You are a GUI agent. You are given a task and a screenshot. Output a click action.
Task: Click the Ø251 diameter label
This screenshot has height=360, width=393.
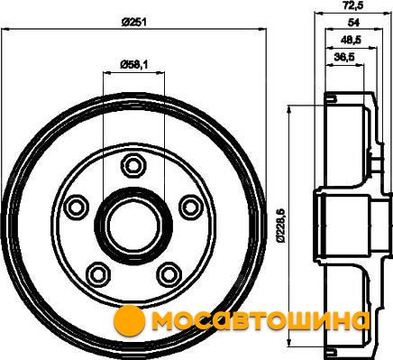[x=134, y=23]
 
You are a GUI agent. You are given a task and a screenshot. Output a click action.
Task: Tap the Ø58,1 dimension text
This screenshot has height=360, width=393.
[x=133, y=65]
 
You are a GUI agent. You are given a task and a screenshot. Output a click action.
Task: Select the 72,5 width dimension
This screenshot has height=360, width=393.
[x=353, y=6]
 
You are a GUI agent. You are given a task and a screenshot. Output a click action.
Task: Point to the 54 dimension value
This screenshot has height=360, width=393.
[x=353, y=23]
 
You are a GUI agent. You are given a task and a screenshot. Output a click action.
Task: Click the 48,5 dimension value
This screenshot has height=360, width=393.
[x=351, y=40]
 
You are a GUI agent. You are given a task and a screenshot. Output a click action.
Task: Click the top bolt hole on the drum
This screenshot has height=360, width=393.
[x=133, y=165]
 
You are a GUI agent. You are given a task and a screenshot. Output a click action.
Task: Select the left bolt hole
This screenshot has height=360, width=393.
[x=77, y=207]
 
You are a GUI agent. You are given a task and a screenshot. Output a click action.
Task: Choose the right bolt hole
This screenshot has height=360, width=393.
[x=191, y=207]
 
